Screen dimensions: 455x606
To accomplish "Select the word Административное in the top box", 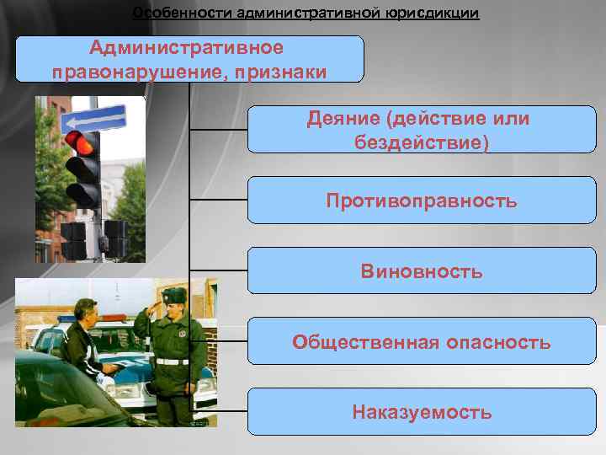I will pos(187,48).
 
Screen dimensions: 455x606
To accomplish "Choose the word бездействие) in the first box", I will pos(422,142).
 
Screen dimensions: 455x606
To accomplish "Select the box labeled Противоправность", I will pos(422,201).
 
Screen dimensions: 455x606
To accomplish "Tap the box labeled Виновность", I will pos(422,271).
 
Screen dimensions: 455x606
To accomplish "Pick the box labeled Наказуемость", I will pos(422,412).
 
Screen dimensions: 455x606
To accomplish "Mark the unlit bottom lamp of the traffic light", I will pos(84,193).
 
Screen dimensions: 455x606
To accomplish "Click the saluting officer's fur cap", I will pos(174,296).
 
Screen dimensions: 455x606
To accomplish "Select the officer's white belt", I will pos(172,361).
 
